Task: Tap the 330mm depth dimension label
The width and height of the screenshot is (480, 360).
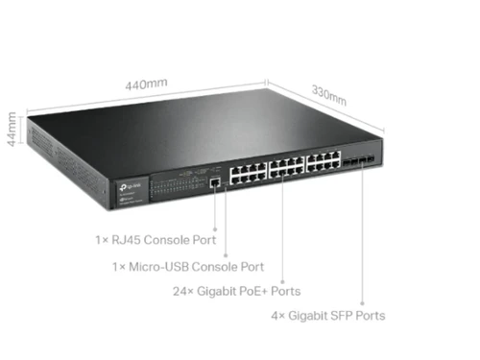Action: click(x=329, y=95)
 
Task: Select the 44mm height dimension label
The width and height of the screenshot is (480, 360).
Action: click(x=12, y=126)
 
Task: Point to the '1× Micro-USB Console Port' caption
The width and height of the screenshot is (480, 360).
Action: click(x=187, y=266)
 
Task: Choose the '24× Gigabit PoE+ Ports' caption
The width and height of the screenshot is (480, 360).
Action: click(x=236, y=290)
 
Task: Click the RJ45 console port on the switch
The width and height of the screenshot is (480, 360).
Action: click(x=212, y=180)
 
